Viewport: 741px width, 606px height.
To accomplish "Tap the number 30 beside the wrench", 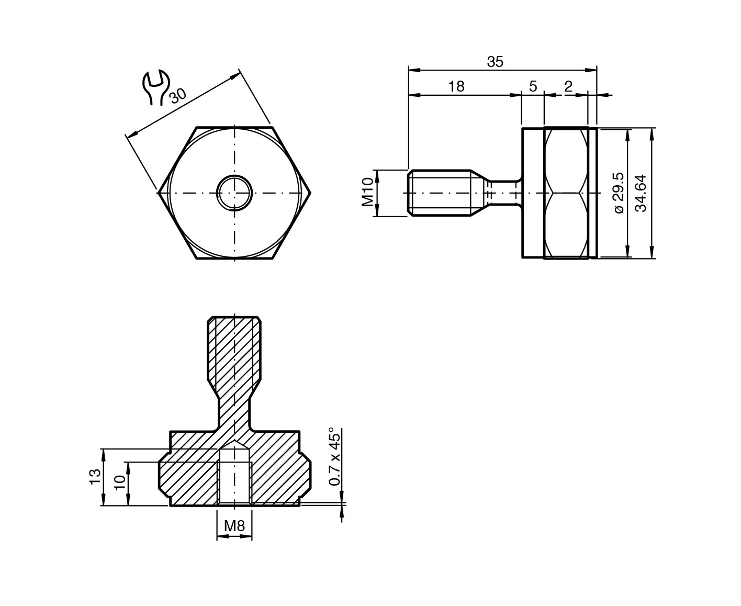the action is pyautogui.click(x=178, y=96).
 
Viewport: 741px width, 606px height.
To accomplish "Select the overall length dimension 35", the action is pyautogui.click(x=495, y=62).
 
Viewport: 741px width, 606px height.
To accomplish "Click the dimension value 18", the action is pyautogui.click(x=456, y=86).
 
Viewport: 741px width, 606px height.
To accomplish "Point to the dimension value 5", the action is pyautogui.click(x=533, y=86).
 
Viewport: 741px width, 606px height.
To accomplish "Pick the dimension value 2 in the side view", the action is pyautogui.click(x=568, y=86).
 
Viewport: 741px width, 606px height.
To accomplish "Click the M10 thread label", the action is pyautogui.click(x=367, y=192).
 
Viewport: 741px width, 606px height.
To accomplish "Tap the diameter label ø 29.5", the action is pyautogui.click(x=619, y=193).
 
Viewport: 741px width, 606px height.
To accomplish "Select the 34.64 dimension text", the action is pyautogui.click(x=641, y=193).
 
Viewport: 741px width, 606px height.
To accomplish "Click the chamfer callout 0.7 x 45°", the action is pyautogui.click(x=334, y=456).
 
